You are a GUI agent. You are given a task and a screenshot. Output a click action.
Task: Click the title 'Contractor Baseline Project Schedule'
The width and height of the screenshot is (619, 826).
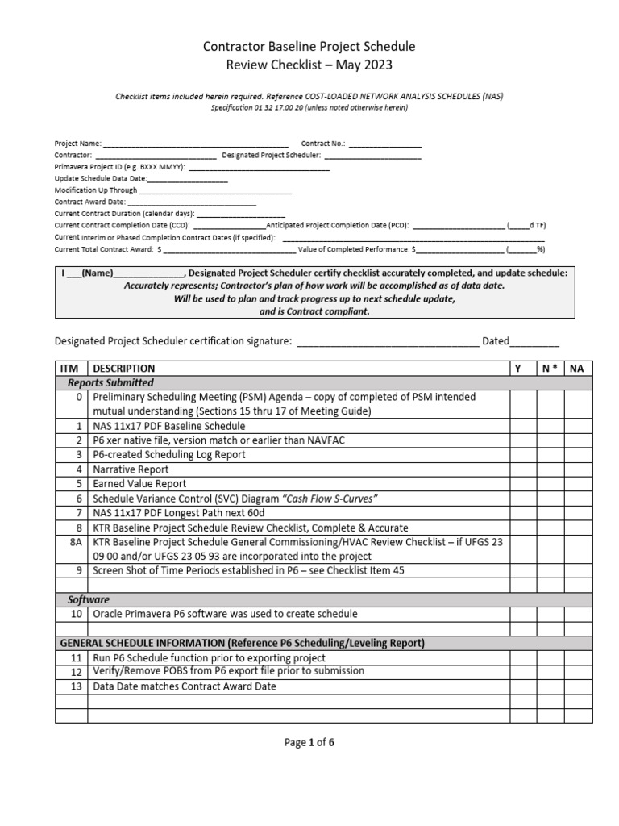click(x=309, y=47)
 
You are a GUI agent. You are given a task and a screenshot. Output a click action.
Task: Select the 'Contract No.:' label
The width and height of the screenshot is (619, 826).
click(x=323, y=144)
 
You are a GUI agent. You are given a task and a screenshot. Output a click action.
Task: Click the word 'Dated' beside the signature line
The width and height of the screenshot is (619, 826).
click(x=496, y=341)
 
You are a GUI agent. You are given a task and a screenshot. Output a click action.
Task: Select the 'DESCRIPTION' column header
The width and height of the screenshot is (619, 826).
click(x=124, y=369)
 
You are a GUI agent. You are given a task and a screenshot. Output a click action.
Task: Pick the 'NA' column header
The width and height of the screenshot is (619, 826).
click(x=577, y=369)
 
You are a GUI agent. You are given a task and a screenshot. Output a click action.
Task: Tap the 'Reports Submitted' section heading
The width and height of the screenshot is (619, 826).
click(x=110, y=383)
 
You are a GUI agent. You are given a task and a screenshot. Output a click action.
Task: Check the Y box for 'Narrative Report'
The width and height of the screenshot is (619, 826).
click(x=522, y=469)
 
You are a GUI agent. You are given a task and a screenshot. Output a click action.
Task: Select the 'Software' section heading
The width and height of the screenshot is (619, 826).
click(x=88, y=600)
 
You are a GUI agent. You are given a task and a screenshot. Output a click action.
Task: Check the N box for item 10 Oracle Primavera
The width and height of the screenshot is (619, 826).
click(x=550, y=615)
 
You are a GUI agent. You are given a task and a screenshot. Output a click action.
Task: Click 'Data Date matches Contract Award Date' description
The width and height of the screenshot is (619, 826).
click(x=185, y=686)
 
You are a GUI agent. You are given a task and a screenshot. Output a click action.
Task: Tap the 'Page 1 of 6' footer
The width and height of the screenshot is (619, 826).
click(x=309, y=744)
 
